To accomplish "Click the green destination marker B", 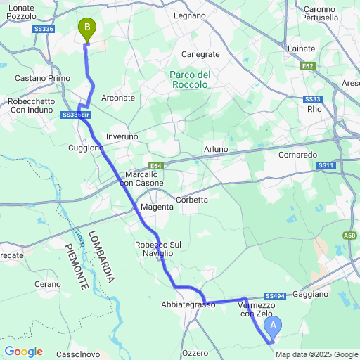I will tap(86, 29).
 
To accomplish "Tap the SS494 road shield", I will tap(275, 297).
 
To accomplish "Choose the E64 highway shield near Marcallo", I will tap(156, 166).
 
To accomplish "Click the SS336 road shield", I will tap(44, 29).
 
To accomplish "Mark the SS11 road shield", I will tap(326, 165).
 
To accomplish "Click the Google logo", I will tap(23, 351).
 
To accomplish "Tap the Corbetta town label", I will tap(192, 200).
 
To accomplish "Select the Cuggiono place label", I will tap(86, 148).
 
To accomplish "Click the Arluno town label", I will tap(216, 150).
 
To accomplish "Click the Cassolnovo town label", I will tap(79, 354).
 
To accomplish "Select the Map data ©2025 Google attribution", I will tap(316, 354).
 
